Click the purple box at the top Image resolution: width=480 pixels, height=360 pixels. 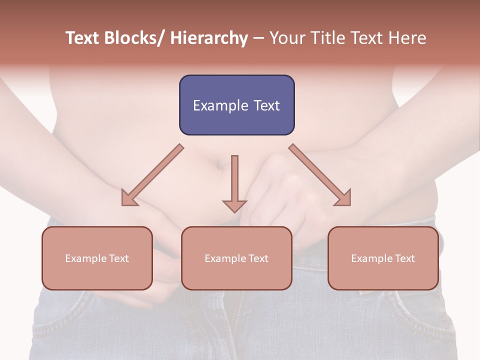pos(236,105)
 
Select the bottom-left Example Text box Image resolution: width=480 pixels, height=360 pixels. pos(97,258)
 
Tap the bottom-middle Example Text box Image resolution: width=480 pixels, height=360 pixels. pos(236,258)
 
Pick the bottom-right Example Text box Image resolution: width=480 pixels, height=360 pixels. pos(383,258)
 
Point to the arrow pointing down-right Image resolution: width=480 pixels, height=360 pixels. pos(320,175)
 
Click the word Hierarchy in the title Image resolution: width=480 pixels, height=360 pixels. pos(209,38)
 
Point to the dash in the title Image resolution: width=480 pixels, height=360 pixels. pos(258,38)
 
